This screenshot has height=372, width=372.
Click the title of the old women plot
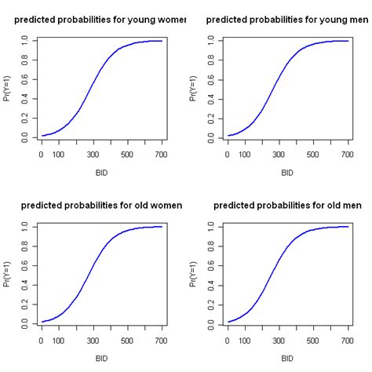(x=101, y=205)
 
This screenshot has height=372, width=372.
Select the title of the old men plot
(x=286, y=205)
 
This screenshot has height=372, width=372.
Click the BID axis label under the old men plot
(x=287, y=358)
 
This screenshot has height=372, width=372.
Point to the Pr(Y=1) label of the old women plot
(x=8, y=273)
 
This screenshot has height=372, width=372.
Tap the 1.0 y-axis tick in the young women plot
(x=24, y=40)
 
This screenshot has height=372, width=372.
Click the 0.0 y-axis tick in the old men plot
(x=210, y=322)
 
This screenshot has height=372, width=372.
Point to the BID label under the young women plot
(x=101, y=172)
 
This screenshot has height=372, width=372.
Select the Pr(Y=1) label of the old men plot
(x=194, y=273)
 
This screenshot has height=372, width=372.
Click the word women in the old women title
(x=164, y=205)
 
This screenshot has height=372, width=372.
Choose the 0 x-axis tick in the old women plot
(x=42, y=340)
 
